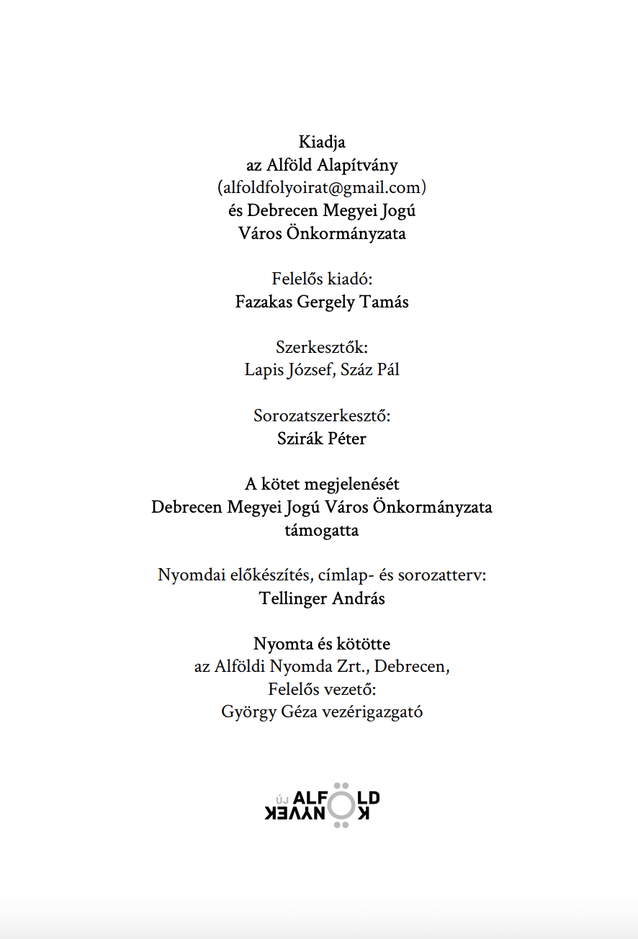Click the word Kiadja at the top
(x=322, y=143)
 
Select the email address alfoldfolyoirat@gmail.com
(x=322, y=188)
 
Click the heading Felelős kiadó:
(x=321, y=279)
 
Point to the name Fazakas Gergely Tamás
(x=322, y=302)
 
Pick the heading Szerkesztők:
(x=322, y=348)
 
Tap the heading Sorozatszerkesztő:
(x=322, y=416)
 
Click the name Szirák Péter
(x=322, y=439)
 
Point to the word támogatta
(x=322, y=531)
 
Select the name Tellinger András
(x=322, y=599)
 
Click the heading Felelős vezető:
(x=322, y=690)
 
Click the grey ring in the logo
(x=341, y=805)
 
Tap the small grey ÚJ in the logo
(x=283, y=799)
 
